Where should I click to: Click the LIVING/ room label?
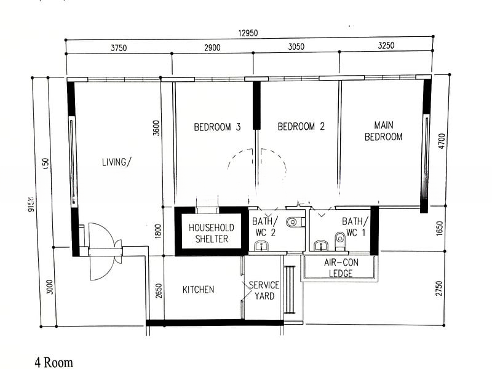[117, 162]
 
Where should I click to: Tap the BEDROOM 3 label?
[217, 127]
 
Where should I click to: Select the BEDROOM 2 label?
[301, 127]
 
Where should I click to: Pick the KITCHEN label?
[198, 289]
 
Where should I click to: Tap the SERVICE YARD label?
[264, 290]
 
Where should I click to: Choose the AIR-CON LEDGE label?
[340, 268]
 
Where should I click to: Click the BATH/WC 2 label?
[266, 226]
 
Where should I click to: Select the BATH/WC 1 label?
[355, 226]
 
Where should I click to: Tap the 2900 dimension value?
[209, 48]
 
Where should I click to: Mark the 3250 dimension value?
[385, 48]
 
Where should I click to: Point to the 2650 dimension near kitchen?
[158, 289]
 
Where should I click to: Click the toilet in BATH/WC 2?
[293, 221]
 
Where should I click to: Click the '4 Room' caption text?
[54, 362]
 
